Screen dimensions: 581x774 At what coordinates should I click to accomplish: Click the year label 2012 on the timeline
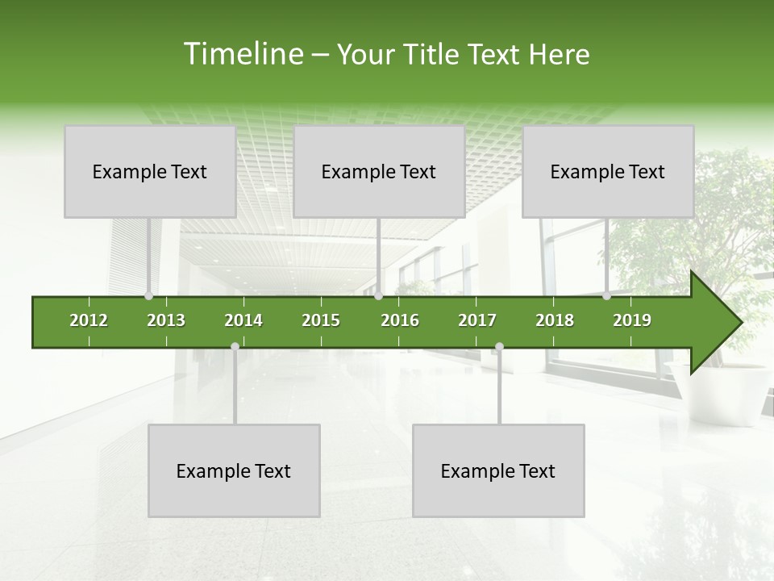89,320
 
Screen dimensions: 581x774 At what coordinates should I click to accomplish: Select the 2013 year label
166,320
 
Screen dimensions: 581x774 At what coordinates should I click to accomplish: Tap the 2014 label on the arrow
243,320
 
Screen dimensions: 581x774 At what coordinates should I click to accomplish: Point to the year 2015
321,320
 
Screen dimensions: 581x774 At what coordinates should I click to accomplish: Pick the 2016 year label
400,320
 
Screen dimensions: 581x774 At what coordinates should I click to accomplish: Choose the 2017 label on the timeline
477,320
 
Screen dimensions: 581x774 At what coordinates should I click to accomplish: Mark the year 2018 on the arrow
555,320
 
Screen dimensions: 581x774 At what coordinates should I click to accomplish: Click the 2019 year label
632,320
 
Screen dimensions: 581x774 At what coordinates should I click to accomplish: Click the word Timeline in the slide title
242,54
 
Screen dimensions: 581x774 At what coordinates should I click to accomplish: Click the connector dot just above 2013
148,296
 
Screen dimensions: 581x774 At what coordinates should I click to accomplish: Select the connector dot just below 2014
235,346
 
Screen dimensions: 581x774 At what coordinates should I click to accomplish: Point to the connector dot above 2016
378,296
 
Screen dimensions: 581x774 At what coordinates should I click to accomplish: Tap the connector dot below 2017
499,346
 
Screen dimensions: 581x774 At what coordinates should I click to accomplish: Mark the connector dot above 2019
606,296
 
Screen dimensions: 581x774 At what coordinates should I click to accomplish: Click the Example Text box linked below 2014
234,470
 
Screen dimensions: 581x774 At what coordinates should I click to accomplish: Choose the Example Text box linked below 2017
498,470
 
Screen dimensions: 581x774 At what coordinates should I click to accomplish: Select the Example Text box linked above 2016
379,171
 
